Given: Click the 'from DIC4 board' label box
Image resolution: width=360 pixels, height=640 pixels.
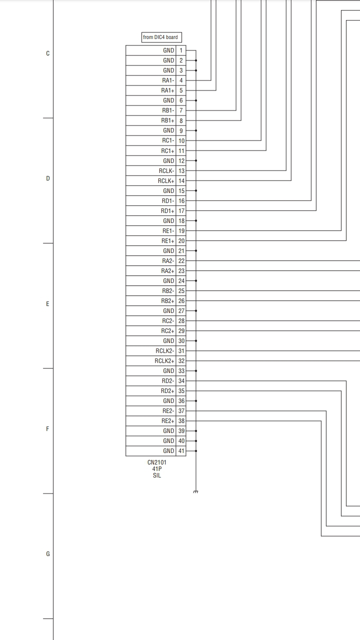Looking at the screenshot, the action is [x=160, y=37].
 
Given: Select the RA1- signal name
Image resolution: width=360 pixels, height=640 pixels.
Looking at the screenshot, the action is [x=168, y=80].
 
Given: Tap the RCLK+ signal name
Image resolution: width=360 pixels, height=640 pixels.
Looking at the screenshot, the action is [x=166, y=181].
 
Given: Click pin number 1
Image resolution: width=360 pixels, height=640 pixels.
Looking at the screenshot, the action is [x=181, y=50].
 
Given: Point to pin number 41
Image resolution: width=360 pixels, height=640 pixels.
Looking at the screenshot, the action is [x=181, y=451].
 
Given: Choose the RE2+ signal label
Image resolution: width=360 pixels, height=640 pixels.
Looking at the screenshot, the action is [x=168, y=421].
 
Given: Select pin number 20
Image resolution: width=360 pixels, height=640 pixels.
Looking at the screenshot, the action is [x=181, y=241].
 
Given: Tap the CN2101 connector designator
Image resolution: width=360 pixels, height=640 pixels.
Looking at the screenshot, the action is [x=157, y=462].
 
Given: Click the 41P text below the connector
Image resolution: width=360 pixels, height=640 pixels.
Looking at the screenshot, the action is [x=157, y=469].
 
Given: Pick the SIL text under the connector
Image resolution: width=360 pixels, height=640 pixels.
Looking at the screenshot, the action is [x=157, y=475].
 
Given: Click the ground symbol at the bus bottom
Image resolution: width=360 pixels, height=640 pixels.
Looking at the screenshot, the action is [x=195, y=492].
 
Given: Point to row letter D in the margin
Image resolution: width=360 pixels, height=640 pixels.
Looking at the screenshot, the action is [x=48, y=178].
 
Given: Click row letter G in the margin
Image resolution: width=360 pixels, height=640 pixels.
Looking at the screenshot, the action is [x=48, y=554].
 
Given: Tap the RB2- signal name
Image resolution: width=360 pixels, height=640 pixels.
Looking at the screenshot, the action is [x=168, y=291].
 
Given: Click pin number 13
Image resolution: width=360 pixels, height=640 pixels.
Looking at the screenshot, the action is [x=181, y=171].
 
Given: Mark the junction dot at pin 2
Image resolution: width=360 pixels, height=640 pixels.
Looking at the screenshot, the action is [x=196, y=60].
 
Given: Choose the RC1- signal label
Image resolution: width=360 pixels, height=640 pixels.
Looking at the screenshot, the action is [x=168, y=141].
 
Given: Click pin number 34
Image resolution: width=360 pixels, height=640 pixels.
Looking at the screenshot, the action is [x=181, y=381].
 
